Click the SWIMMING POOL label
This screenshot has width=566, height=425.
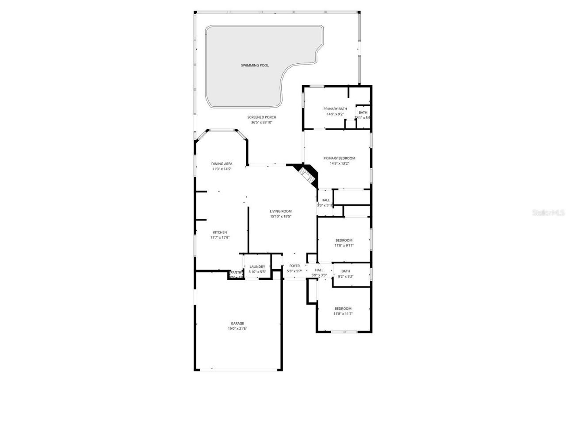coord(255,66)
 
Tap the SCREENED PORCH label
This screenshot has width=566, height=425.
coord(262,117)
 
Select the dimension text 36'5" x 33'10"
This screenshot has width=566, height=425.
coord(262,123)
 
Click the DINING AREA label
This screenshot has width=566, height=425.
coord(222,164)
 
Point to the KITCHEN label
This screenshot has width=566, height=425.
coord(220,232)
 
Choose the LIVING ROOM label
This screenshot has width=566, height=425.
coord(281,211)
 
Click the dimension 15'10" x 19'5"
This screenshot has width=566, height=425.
coord(281,216)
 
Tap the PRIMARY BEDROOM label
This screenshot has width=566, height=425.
coord(339,158)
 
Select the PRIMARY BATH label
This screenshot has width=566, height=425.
coord(335,109)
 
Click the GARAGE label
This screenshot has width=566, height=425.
coord(237,323)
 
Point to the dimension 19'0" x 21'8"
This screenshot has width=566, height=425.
coord(237,328)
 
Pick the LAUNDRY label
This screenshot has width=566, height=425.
coord(257,267)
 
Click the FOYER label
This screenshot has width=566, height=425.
coord(294,266)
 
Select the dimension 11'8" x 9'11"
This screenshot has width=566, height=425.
coord(344,246)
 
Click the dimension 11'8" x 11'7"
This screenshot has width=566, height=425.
coord(343,314)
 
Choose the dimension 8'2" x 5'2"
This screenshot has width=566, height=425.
coord(345,277)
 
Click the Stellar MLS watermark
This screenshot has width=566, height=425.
coord(548,212)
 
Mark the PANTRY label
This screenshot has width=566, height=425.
coord(236,272)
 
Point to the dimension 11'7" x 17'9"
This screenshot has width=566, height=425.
coord(220,238)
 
